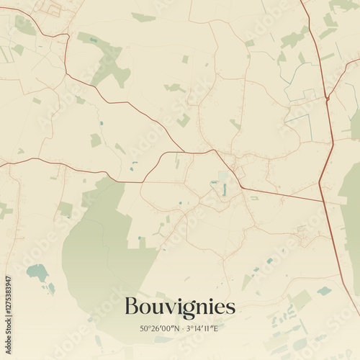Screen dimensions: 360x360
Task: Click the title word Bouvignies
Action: coord(179,307)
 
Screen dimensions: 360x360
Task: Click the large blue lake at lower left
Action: coord(37,273)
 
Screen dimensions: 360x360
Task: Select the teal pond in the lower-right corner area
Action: coord(324,291)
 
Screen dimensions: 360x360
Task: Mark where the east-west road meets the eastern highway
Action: coord(322,202)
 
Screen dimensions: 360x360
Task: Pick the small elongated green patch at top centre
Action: coord(143,17)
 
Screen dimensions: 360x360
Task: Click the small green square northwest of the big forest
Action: coord(66,209)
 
